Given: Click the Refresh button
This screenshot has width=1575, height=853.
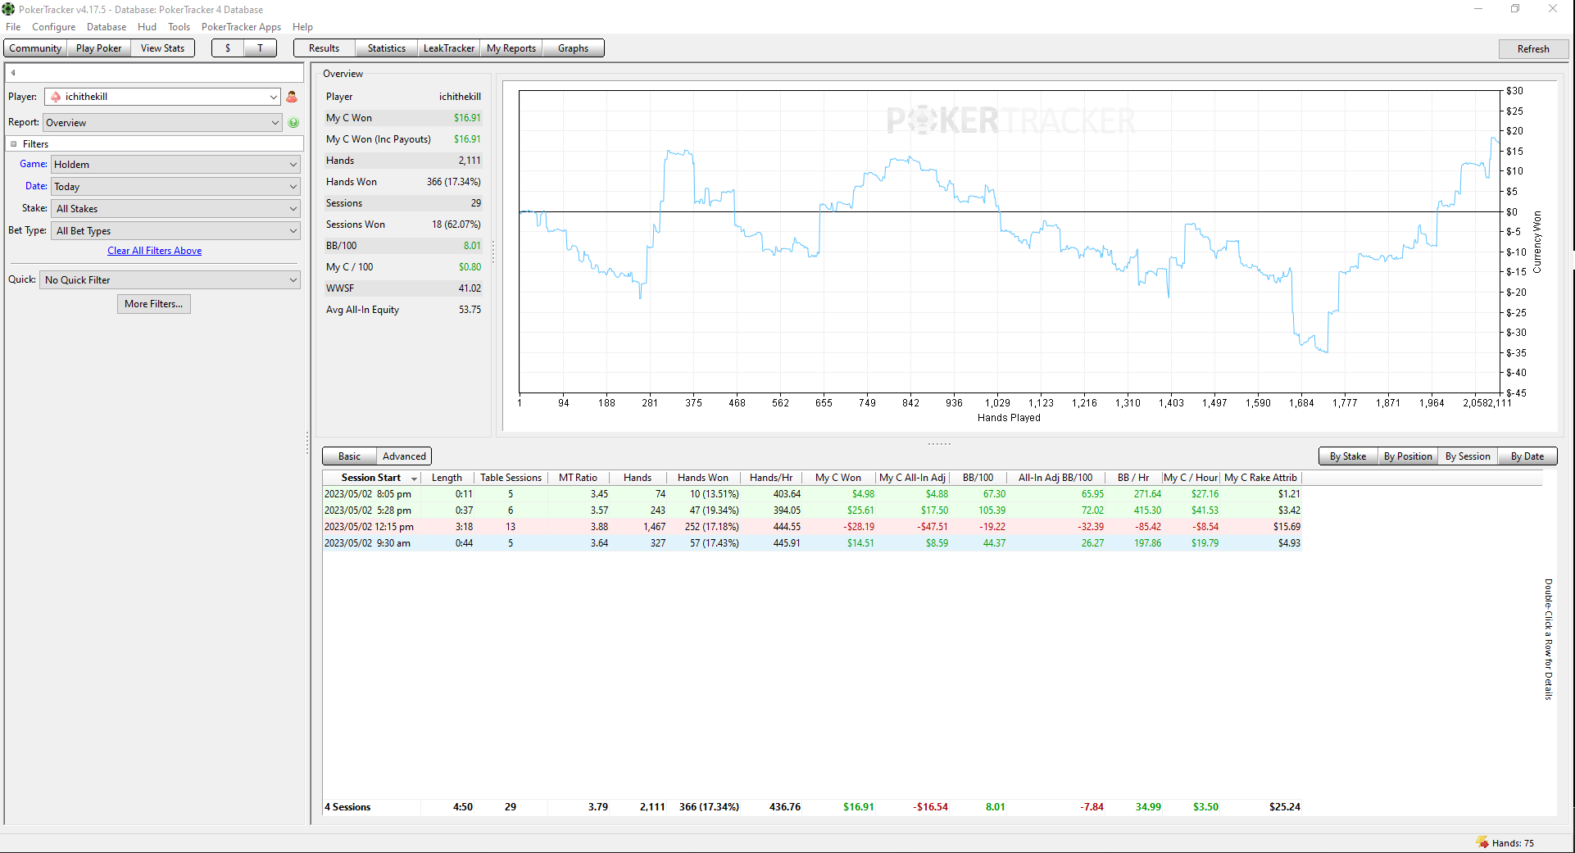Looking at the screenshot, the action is tap(1532, 48).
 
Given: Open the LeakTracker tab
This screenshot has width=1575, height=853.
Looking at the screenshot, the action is tap(448, 48).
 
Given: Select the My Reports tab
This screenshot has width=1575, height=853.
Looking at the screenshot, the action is tap(511, 48).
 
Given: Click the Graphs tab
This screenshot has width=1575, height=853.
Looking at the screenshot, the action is tap(573, 48).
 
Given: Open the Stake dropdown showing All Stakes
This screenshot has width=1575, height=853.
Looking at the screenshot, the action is tap(176, 209).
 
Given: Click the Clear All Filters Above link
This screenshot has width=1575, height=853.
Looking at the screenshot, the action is tap(154, 251).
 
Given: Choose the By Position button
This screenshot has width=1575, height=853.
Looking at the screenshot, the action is tap(1408, 456).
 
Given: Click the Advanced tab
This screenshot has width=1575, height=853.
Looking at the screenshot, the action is tap(404, 456).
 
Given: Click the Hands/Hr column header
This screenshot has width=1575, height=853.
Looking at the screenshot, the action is tap(771, 478).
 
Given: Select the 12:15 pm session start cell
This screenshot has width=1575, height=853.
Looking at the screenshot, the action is tap(369, 527).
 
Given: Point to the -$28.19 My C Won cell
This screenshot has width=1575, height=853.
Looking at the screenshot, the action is tap(859, 527).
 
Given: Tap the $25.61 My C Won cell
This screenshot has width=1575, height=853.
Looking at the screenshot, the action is tap(860, 510).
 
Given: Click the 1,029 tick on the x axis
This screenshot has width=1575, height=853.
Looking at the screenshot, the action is tap(997, 403).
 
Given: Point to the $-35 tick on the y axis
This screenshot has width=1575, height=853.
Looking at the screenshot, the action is tap(1516, 353).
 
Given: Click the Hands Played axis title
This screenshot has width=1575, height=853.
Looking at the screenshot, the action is tap(1009, 418).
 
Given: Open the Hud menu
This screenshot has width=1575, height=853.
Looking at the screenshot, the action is tap(147, 27).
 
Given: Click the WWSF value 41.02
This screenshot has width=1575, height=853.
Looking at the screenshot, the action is tap(470, 288).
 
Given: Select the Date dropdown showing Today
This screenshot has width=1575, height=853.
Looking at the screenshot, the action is tap(176, 187).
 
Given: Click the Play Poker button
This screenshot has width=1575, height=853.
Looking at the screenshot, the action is tap(98, 48).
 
